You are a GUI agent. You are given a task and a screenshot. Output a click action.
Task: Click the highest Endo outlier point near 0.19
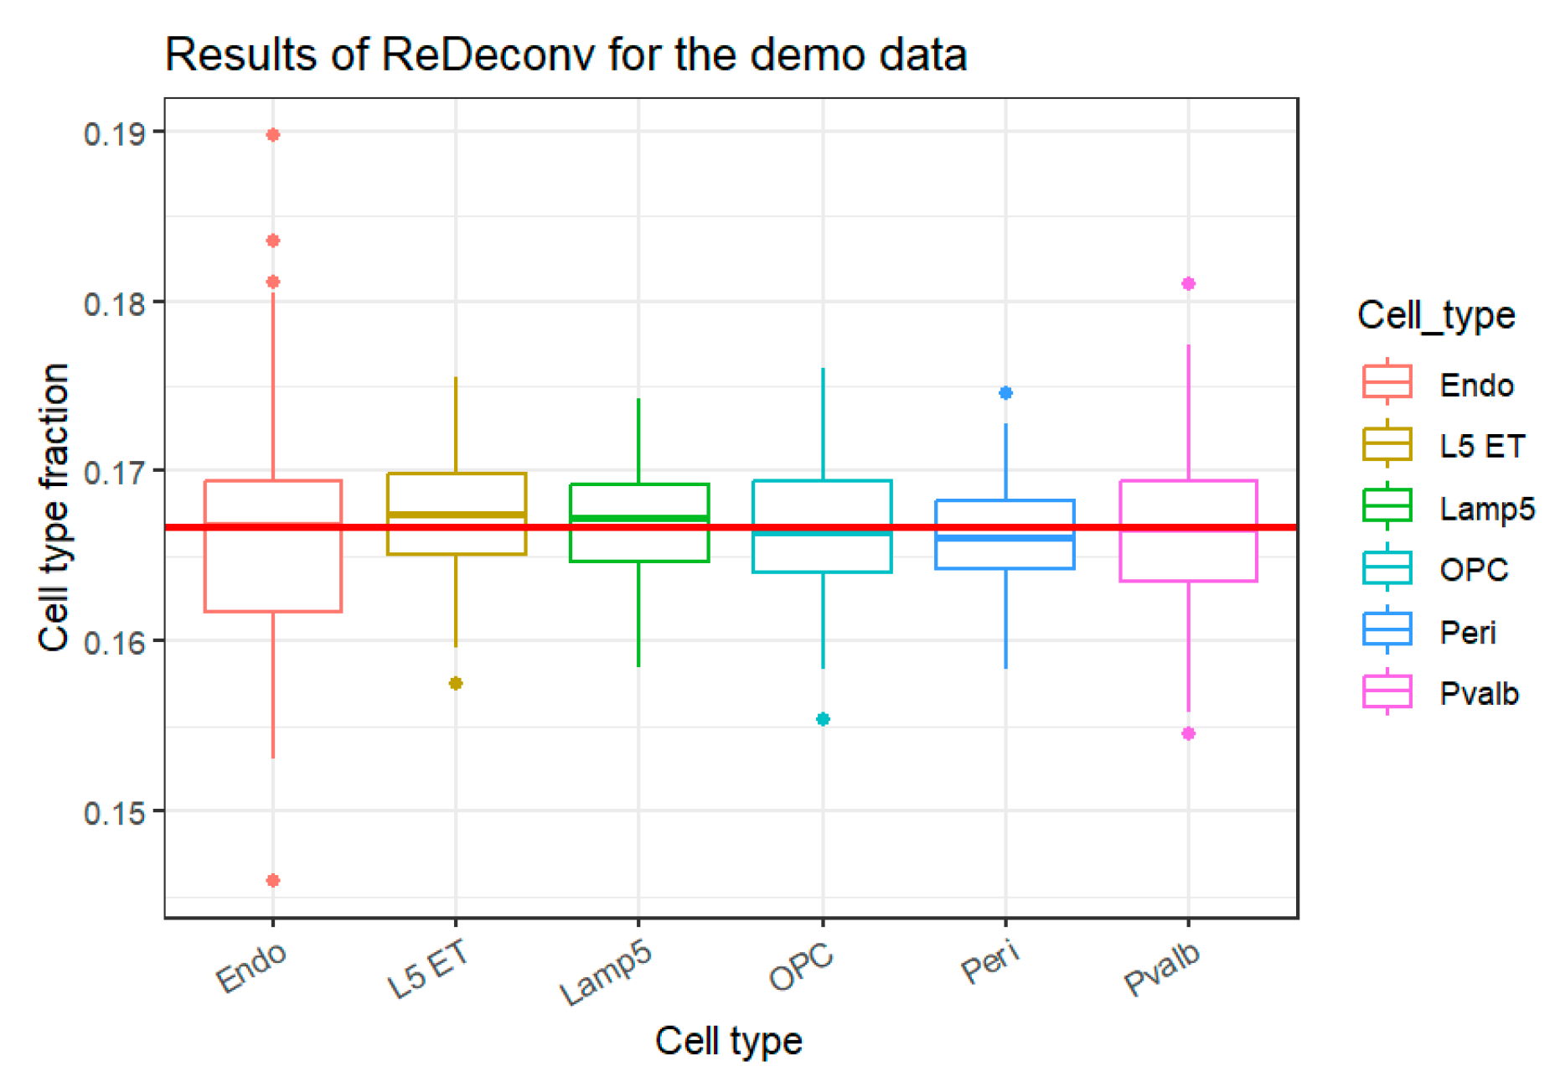point(273,135)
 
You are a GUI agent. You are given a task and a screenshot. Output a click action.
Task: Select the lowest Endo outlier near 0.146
point(273,880)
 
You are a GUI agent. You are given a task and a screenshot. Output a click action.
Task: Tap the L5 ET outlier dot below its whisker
point(456,683)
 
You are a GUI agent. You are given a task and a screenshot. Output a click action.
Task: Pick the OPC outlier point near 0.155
point(823,719)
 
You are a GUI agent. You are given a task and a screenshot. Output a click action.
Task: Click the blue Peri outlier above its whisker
point(1006,393)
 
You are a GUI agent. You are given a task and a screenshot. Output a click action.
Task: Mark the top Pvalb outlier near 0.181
point(1188,284)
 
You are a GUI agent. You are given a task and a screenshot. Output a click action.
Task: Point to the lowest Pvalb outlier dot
point(1188,733)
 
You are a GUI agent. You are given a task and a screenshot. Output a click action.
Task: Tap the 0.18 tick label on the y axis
point(114,303)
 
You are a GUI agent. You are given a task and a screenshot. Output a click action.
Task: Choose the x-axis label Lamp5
point(606,972)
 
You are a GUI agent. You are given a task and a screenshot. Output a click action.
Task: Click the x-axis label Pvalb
point(1162,968)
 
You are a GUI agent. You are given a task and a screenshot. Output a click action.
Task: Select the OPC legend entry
point(1473,570)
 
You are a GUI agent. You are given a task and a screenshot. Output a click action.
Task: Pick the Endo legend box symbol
point(1387,382)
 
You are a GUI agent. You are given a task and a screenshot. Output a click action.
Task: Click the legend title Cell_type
point(1436,316)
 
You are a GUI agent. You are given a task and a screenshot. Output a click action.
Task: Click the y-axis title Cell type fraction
point(54,507)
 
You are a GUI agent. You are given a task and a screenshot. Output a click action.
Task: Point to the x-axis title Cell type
point(728,1041)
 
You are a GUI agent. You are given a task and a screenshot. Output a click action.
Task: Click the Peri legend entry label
point(1467,632)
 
